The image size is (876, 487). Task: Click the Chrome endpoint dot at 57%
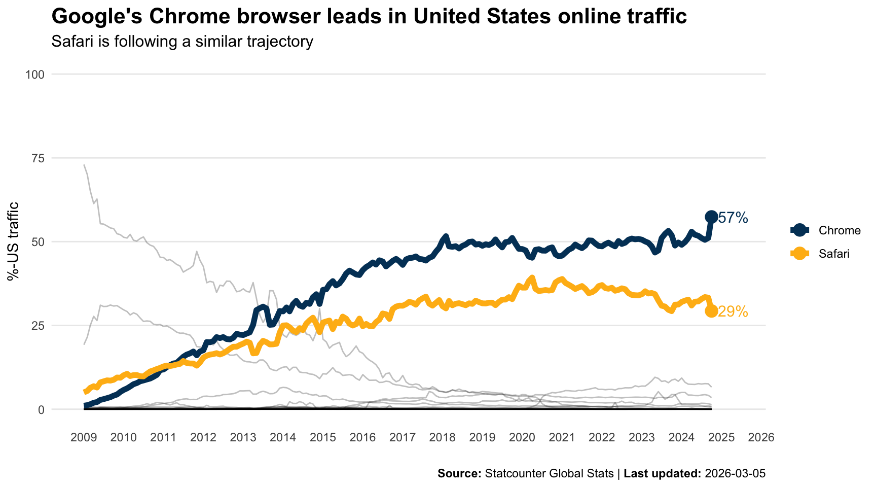click(711, 217)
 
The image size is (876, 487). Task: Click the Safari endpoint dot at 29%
click(711, 311)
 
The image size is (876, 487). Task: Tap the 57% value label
click(734, 218)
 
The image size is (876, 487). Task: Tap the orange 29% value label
click(734, 312)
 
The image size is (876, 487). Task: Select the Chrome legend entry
click(839, 230)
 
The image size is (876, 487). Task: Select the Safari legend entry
click(834, 254)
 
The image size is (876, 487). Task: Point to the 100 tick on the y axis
click(35, 75)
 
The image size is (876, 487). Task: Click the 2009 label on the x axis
click(84, 438)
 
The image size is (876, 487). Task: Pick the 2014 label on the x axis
click(283, 438)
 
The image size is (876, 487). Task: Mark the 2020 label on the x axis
click(522, 438)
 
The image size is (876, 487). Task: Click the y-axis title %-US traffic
click(13, 241)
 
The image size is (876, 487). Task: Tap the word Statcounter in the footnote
click(513, 474)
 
